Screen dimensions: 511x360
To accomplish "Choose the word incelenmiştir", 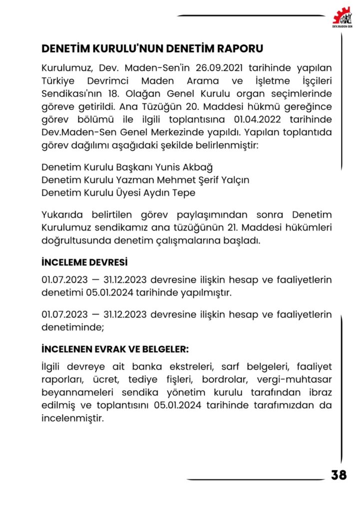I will pos(72,418).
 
